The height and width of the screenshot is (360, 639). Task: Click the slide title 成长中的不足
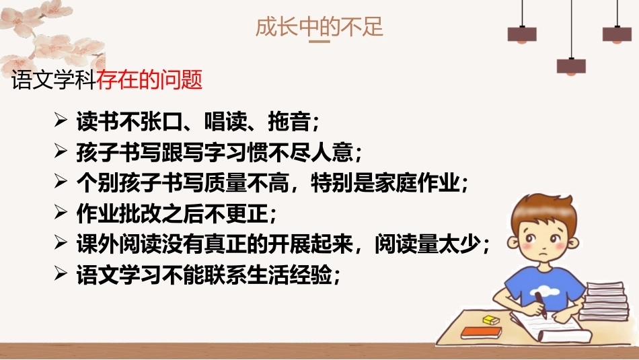tap(319, 27)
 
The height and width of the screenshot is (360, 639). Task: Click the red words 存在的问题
tap(149, 79)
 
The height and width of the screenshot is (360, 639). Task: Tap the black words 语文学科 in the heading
tap(54, 79)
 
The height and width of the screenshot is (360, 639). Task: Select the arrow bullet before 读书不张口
tap(61, 120)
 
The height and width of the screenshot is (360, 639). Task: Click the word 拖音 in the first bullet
tap(289, 121)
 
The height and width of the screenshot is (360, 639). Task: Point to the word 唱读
tap(225, 121)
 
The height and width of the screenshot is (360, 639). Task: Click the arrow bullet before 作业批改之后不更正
tap(61, 212)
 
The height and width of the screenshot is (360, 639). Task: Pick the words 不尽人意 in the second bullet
tap(311, 152)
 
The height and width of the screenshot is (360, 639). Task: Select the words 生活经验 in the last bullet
tap(289, 275)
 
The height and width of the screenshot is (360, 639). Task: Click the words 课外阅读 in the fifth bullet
tap(118, 244)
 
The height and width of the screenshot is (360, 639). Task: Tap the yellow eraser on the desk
tap(491, 320)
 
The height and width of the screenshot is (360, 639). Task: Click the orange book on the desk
tap(482, 332)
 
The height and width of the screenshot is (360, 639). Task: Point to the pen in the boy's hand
tap(541, 305)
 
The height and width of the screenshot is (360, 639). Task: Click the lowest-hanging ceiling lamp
tap(571, 67)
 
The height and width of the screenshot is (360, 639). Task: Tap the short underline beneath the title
tap(319, 41)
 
